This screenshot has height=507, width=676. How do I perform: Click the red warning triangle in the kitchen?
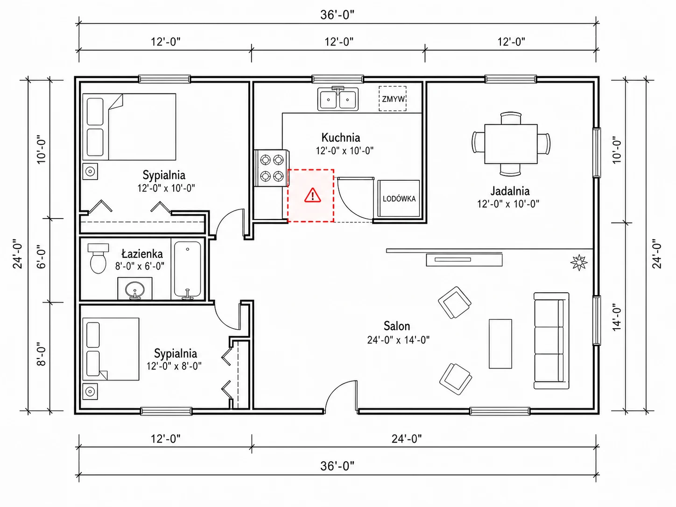(313, 196)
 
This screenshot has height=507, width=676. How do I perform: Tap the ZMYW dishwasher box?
(393, 99)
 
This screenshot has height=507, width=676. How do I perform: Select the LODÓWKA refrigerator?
(399, 198)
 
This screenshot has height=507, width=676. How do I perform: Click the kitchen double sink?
(338, 99)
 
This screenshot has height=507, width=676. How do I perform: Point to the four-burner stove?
(272, 168)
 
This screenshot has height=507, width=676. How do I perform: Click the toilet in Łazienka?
(98, 259)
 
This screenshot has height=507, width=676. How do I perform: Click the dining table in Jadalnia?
(511, 144)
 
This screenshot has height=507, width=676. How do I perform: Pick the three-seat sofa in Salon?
(551, 341)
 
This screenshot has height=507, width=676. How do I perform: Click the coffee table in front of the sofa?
(500, 344)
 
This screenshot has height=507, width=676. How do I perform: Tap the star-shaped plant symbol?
(579, 262)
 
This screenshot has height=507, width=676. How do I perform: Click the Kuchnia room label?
(341, 137)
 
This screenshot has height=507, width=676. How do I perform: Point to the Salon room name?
(397, 326)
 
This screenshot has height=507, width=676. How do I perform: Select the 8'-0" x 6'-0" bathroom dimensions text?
(140, 266)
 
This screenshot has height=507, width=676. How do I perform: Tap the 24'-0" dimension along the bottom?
(407, 439)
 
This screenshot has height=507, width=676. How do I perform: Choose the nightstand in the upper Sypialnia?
(90, 171)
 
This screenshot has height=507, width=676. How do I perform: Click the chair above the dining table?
(511, 118)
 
